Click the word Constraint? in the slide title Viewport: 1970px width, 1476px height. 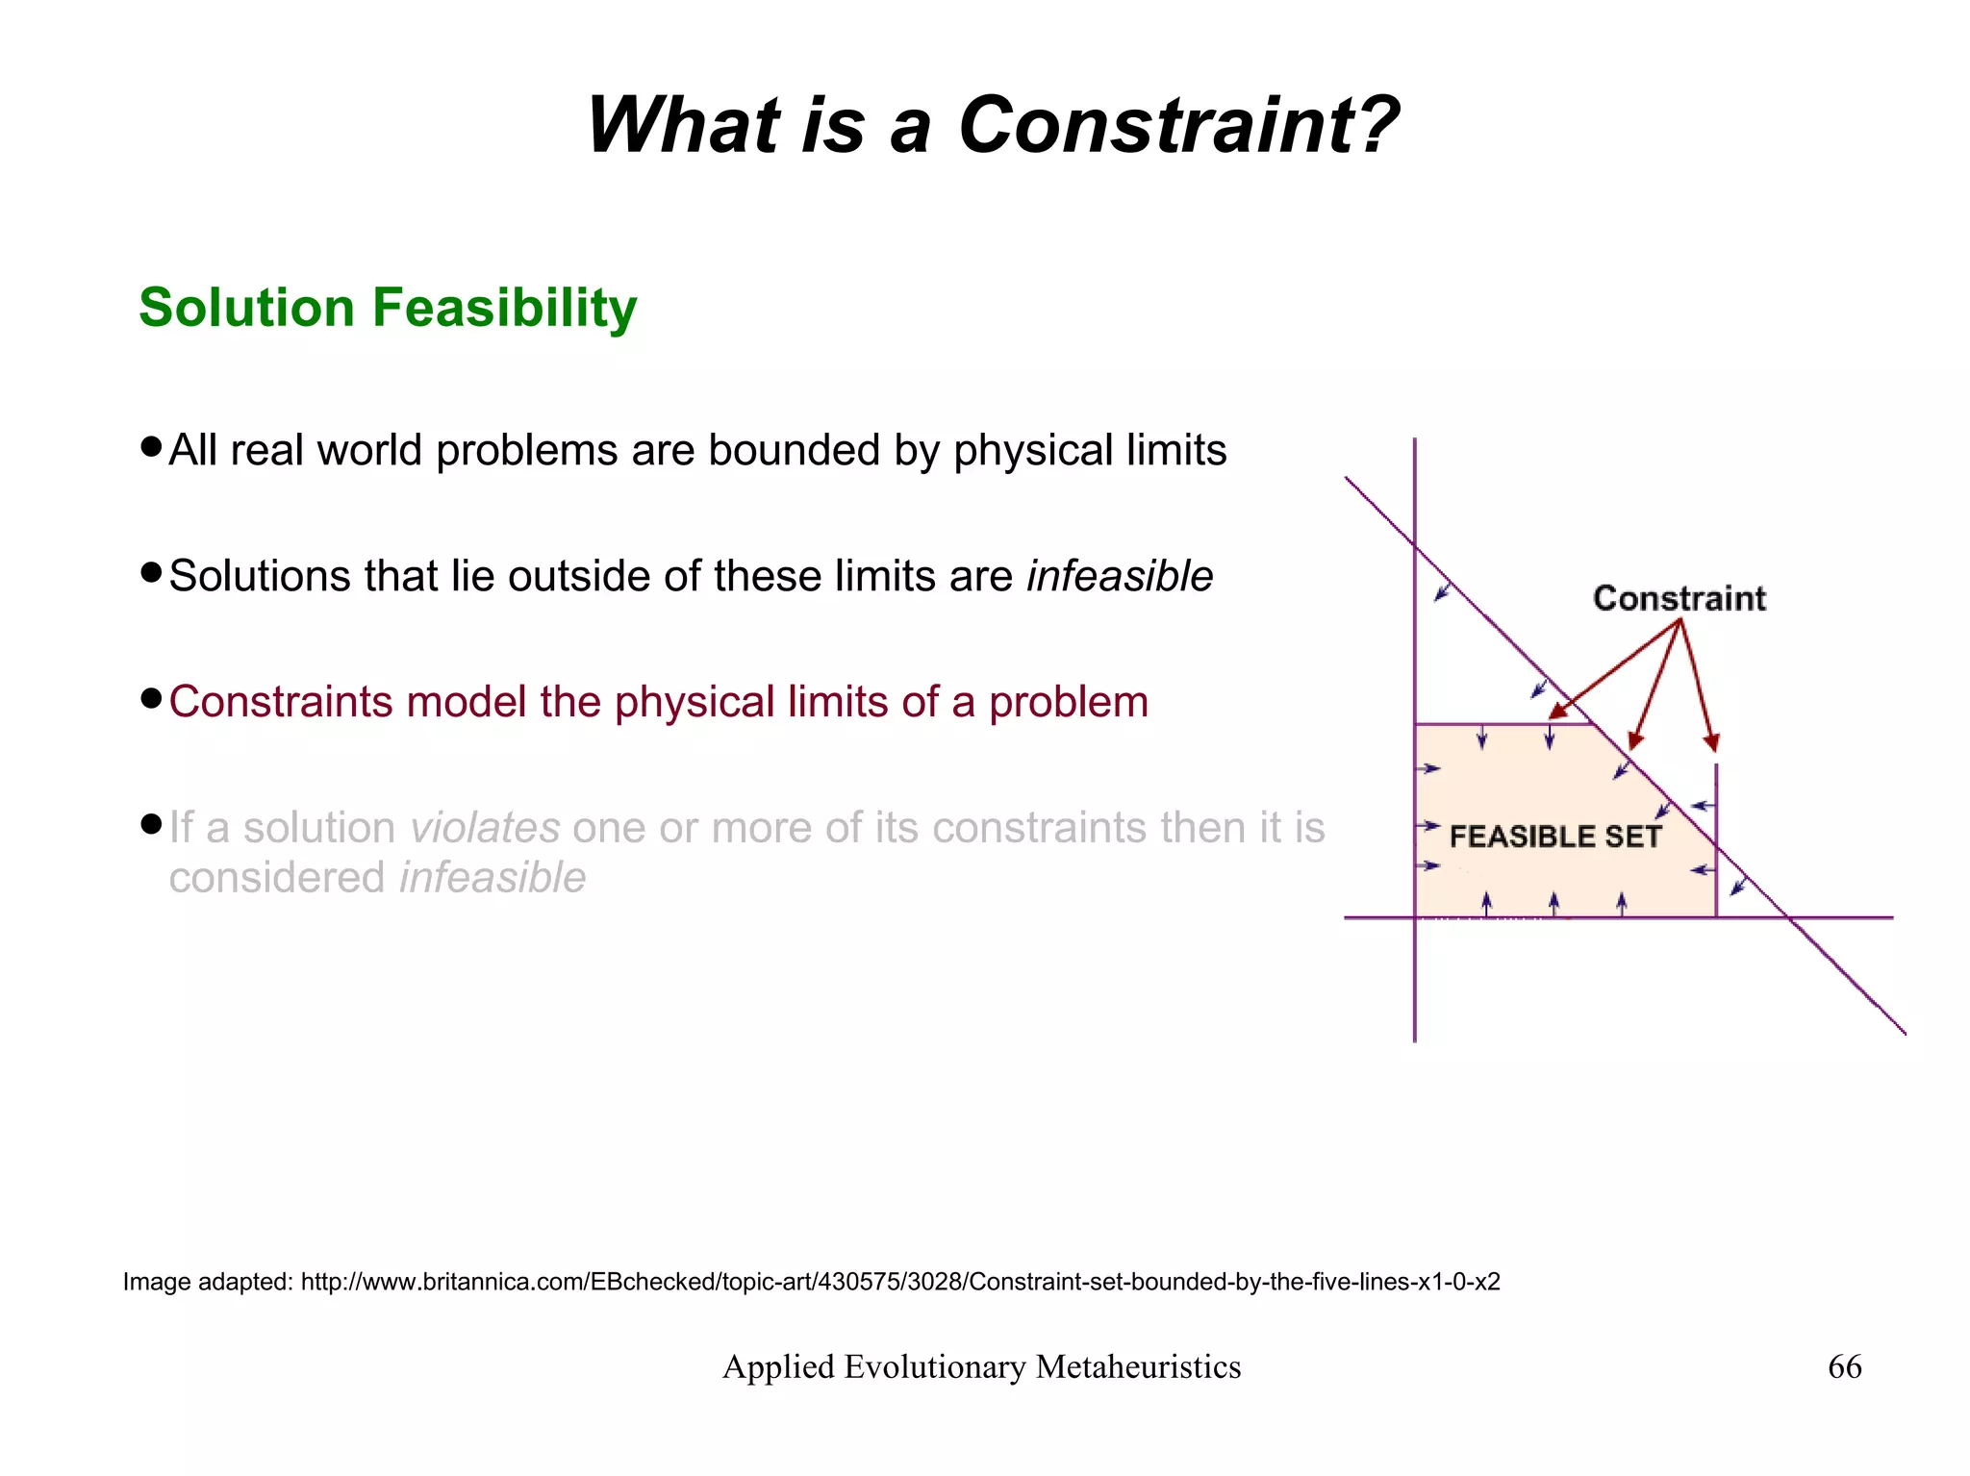[x=1178, y=126]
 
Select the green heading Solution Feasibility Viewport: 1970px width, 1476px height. [x=388, y=308]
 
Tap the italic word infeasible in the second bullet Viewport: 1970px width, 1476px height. [x=1120, y=577]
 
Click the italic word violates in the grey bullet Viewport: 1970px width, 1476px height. [x=485, y=828]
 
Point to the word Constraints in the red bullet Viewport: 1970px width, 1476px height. [x=281, y=702]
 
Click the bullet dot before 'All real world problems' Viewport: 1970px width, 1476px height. [x=150, y=447]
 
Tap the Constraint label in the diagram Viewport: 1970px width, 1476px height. [x=1679, y=599]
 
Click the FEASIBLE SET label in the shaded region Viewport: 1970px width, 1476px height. [x=1554, y=837]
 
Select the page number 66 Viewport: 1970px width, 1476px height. [x=1844, y=1366]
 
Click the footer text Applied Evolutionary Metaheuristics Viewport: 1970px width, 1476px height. [x=981, y=1366]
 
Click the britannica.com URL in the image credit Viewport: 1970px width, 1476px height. [x=900, y=1282]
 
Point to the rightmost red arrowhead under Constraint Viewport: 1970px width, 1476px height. [x=1710, y=742]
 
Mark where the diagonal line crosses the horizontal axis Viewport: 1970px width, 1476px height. [x=1790, y=918]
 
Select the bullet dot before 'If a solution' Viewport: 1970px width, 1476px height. [x=150, y=824]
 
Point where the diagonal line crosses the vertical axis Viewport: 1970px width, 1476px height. [x=1415, y=546]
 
